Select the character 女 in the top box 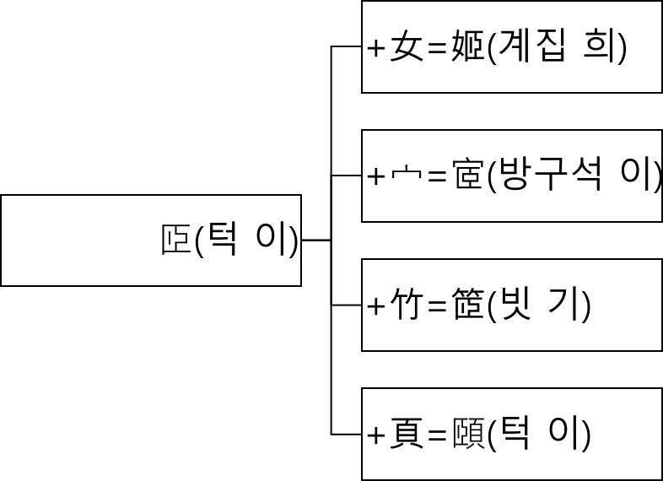pos(406,48)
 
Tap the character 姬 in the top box pos(470,48)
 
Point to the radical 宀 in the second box pos(405,177)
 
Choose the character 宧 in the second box pos(469,177)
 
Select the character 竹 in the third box pos(406,306)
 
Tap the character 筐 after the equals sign pos(470,306)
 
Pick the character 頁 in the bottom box pos(406,435)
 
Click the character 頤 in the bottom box pos(470,435)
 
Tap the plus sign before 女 pos(376,49)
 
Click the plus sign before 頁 pos(376,436)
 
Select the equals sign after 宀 pos(437,178)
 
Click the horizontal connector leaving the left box pos(315,240)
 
